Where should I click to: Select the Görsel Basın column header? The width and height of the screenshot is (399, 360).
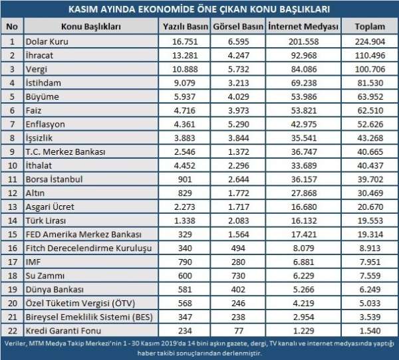tap(238, 26)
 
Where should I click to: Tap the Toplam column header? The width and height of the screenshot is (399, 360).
tap(368, 26)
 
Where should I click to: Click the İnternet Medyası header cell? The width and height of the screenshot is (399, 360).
tap(303, 26)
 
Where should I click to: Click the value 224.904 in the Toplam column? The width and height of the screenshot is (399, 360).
tap(368, 41)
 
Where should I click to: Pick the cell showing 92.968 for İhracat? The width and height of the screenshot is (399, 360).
tap(303, 55)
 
